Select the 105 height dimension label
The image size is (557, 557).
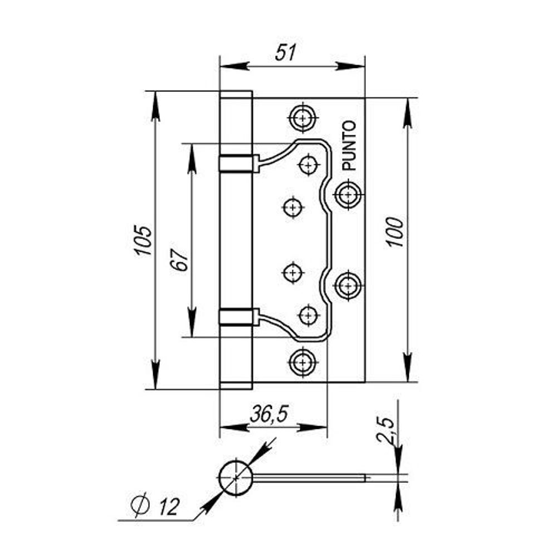143,240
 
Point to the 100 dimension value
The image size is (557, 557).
394,233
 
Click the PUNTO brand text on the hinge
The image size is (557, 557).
349,145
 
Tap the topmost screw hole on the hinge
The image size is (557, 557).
303,117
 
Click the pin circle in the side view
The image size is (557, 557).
237,478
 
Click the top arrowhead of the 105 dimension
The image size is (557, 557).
155,106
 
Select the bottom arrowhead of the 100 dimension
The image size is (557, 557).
408,368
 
